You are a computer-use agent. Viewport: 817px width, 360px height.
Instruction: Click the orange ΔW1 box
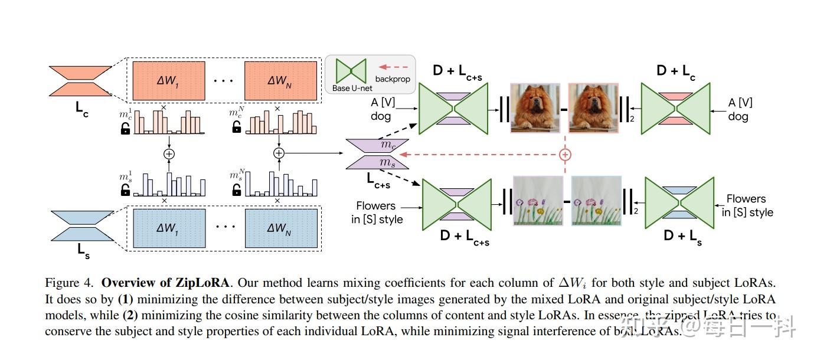[168, 81]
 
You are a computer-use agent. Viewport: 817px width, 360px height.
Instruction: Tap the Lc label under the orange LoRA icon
[82, 109]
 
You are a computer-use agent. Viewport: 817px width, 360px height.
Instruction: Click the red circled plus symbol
[565, 155]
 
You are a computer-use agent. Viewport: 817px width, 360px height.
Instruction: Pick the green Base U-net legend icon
[351, 71]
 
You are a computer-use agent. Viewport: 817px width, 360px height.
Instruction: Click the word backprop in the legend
[392, 78]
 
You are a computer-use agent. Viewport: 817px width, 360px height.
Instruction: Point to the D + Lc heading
[676, 71]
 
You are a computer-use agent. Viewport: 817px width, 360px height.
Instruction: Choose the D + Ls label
[683, 237]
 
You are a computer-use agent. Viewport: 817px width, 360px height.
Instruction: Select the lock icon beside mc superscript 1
[125, 129]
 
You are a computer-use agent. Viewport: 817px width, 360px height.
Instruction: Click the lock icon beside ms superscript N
[237, 189]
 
